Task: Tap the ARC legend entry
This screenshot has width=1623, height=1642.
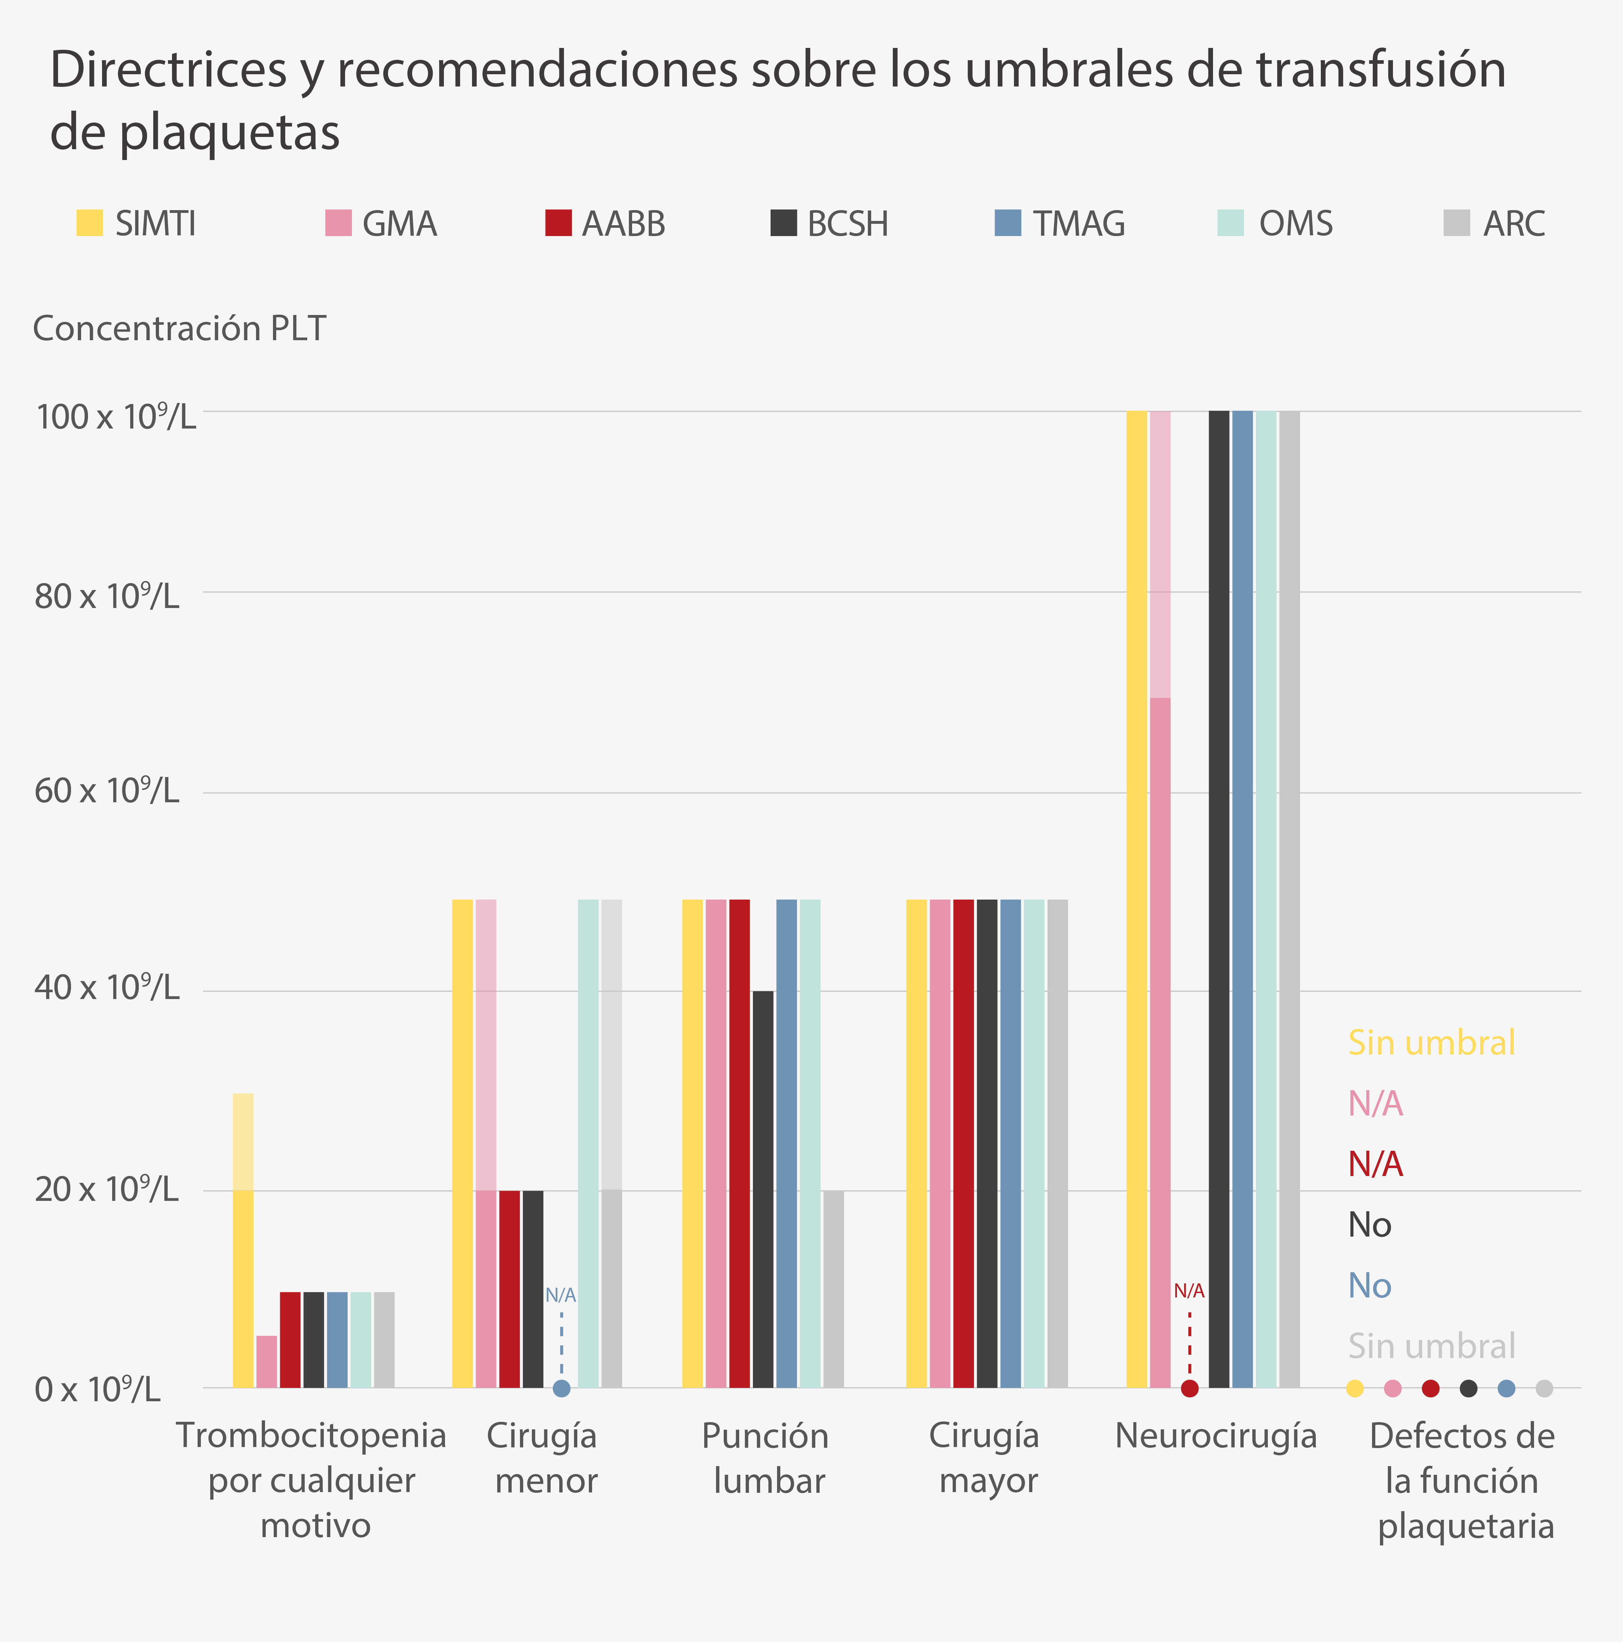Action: tap(1494, 223)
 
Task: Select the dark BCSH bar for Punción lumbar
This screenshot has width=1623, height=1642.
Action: tap(763, 1190)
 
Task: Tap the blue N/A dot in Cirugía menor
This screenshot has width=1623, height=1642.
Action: tap(561, 1389)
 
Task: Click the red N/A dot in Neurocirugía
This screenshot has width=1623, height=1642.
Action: tap(1190, 1389)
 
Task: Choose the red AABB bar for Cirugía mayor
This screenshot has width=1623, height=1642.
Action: tap(963, 1143)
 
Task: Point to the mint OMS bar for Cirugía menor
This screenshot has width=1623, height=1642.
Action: tap(588, 1143)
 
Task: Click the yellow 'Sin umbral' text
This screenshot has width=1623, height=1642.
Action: tap(1432, 1043)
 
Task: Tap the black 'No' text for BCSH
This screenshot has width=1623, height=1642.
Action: tap(1370, 1225)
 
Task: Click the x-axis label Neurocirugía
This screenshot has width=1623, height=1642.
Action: tap(1216, 1436)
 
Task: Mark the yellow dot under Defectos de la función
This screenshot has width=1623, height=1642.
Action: tap(1355, 1389)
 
